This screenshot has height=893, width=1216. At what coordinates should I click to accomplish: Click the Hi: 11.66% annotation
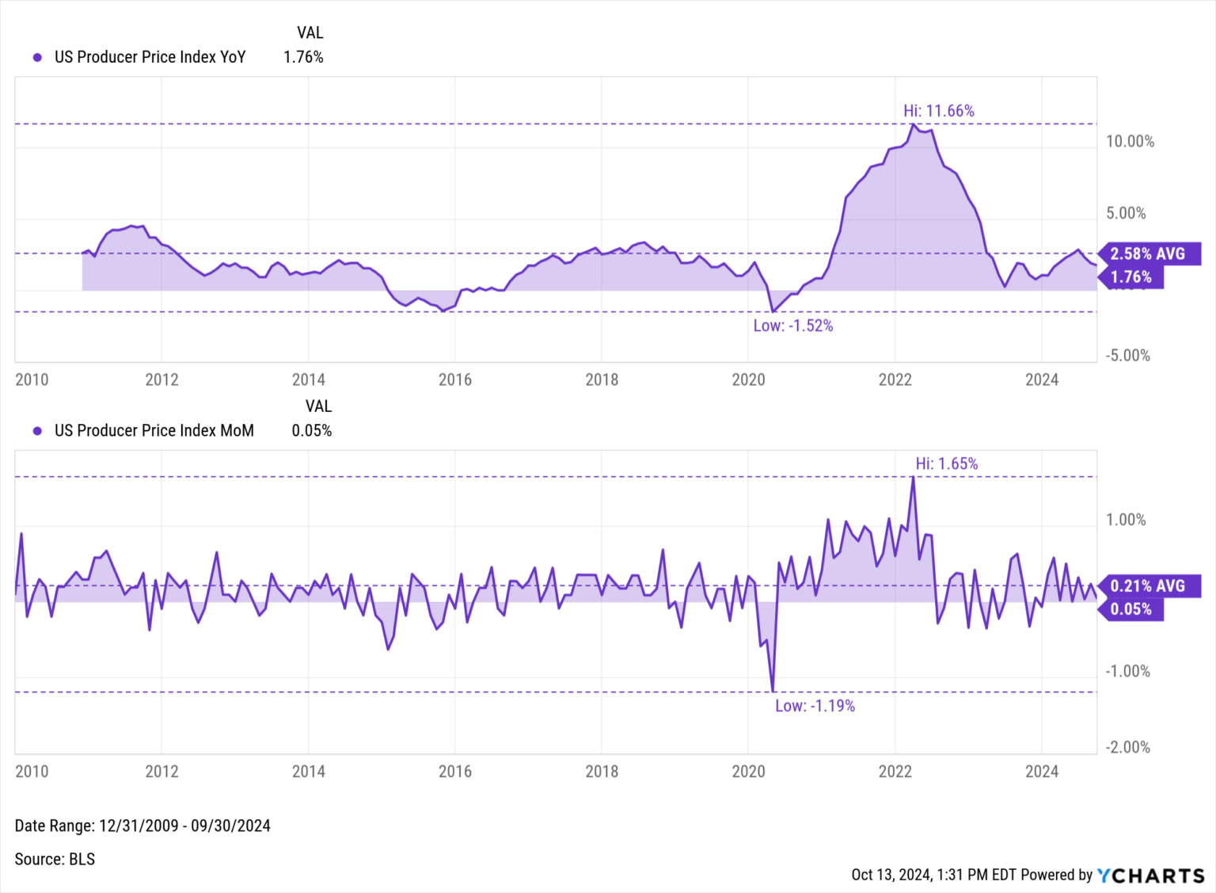coord(938,111)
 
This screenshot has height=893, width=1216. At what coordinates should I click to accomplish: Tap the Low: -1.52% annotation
coord(792,326)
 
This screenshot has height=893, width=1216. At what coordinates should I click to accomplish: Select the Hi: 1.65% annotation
coord(946,464)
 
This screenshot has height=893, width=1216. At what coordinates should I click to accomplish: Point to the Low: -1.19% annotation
coord(815,706)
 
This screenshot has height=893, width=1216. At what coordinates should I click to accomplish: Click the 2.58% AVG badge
coord(1149,254)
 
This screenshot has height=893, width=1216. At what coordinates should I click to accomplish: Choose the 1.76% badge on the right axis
coord(1131,277)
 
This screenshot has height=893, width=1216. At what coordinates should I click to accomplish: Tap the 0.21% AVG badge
coord(1149,586)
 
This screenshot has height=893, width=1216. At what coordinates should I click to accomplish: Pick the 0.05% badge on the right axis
coord(1131,609)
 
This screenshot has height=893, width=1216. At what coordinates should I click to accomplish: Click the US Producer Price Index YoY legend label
coord(150,57)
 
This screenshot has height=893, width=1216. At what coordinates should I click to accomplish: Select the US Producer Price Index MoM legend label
coord(154,430)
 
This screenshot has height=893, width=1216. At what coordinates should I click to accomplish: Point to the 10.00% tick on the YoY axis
coord(1130,142)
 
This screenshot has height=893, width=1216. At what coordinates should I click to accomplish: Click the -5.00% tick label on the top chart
coord(1127,356)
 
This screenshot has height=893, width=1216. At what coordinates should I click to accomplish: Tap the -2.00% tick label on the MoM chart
coord(1127,747)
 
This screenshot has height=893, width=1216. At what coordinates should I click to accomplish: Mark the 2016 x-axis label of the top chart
coord(455,380)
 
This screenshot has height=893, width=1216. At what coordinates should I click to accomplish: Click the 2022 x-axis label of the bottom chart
coord(895,771)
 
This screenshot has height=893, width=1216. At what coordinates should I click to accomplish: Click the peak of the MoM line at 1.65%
coord(914,477)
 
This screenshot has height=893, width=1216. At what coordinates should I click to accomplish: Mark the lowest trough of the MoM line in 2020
coord(773,691)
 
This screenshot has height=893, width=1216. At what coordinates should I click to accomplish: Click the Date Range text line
coord(142,826)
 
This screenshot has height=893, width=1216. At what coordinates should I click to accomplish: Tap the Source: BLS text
coord(55,859)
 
